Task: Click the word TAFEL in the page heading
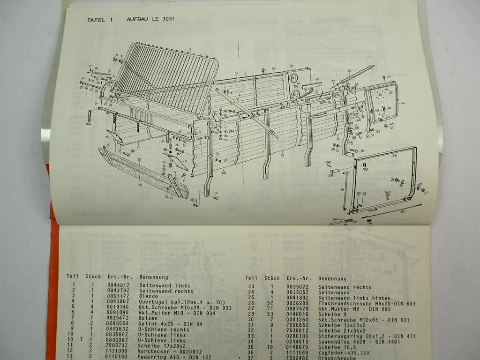tap(97, 20)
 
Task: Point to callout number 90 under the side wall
tap(224, 173)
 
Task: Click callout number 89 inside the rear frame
tap(394, 155)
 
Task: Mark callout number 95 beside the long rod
tap(402, 211)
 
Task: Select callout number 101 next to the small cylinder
tap(330, 177)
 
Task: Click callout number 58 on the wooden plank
tap(140, 185)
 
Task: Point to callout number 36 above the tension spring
tap(349, 71)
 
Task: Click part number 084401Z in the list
tap(117, 285)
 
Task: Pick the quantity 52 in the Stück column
tap(271, 304)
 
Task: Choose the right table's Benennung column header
tap(332, 278)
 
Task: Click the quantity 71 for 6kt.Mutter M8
tap(271, 310)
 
